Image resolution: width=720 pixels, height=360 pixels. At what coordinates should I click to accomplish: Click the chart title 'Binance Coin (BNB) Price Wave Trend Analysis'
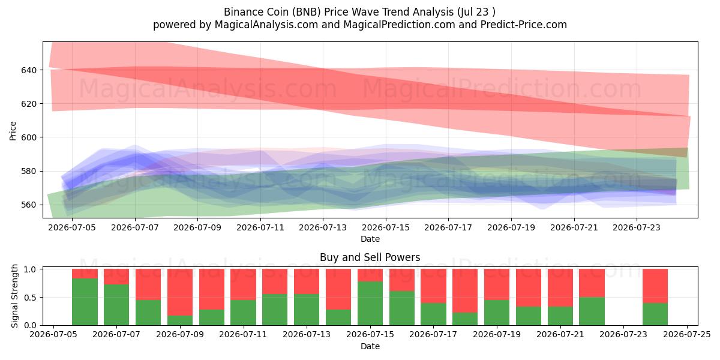tap(339, 12)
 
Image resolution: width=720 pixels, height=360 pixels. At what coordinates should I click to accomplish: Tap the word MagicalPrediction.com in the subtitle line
tap(399, 25)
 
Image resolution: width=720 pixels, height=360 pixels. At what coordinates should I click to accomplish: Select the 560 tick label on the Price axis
tap(29, 205)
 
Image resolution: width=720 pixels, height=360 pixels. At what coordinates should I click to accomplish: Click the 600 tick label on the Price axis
tap(29, 137)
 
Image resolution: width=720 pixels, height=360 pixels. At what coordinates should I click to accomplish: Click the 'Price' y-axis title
tap(13, 131)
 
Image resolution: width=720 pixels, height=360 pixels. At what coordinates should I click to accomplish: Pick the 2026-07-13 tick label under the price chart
tap(323, 227)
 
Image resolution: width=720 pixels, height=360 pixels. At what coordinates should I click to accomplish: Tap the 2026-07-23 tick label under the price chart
tap(637, 227)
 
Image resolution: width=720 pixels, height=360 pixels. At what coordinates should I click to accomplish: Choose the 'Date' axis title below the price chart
tap(370, 239)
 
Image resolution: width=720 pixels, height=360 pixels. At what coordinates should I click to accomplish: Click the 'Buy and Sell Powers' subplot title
tap(370, 257)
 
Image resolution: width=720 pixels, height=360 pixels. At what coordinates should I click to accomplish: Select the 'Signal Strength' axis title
tap(14, 296)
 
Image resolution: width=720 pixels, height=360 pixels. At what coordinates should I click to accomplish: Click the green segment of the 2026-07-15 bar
tap(370, 304)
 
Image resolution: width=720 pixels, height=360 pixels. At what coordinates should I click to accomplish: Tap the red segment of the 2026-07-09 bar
tap(180, 292)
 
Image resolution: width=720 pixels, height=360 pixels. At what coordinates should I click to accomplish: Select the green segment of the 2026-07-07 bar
tap(116, 305)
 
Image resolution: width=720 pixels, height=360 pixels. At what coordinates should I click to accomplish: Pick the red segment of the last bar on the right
tap(655, 286)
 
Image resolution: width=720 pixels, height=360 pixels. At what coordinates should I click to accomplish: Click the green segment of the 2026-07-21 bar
tap(560, 316)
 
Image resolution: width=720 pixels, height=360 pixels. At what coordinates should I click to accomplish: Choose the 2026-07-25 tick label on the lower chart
tap(687, 335)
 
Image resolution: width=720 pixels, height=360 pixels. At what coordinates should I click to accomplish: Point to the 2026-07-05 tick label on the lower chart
tap(53, 335)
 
